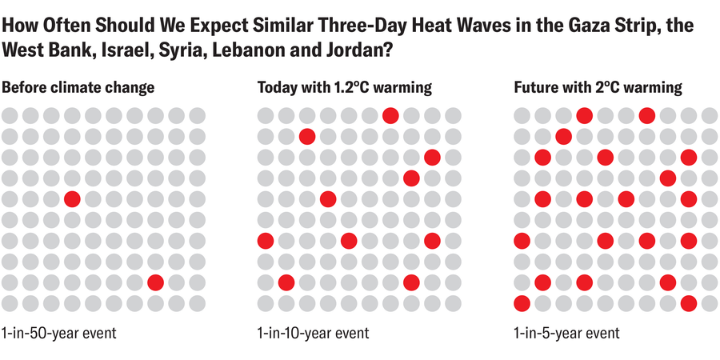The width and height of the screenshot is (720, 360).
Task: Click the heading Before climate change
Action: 78,87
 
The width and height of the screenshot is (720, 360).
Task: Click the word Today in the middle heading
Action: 276,87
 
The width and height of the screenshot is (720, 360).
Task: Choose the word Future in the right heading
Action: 535,87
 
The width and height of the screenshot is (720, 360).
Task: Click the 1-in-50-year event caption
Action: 59,332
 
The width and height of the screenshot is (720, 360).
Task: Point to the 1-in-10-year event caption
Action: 314,332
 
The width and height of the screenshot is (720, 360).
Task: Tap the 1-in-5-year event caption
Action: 566,332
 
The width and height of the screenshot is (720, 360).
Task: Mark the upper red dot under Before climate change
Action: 72,198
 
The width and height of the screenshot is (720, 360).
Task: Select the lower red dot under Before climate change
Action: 155,282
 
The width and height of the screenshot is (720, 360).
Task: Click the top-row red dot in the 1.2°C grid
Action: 390,115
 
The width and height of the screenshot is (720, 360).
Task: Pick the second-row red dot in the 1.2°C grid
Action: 307,136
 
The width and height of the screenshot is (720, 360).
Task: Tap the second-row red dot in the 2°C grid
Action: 563,136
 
